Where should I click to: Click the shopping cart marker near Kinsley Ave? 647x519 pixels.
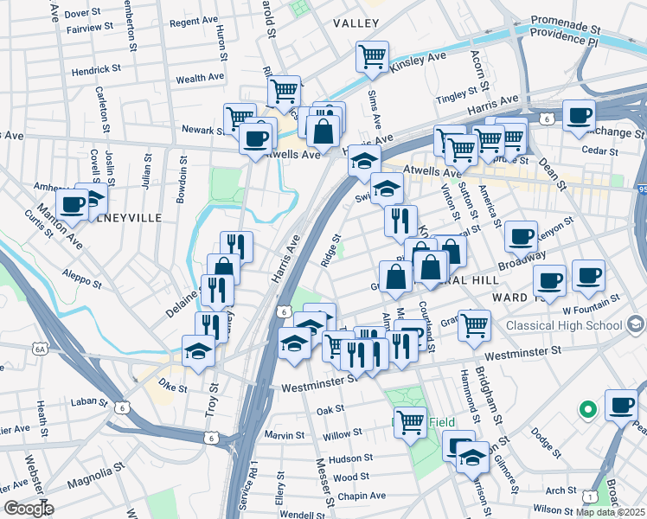click(x=371, y=56)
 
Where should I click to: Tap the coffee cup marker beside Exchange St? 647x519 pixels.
click(x=579, y=115)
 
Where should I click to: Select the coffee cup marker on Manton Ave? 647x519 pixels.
click(x=73, y=205)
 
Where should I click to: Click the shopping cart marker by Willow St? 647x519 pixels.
click(x=410, y=422)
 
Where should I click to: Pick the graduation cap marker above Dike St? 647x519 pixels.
click(x=198, y=351)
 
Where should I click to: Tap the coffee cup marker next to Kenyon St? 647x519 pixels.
click(x=520, y=236)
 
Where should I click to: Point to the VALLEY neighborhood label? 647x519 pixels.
click(x=354, y=24)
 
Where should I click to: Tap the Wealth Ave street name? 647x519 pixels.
click(x=200, y=79)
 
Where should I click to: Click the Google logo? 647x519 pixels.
click(x=28, y=508)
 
